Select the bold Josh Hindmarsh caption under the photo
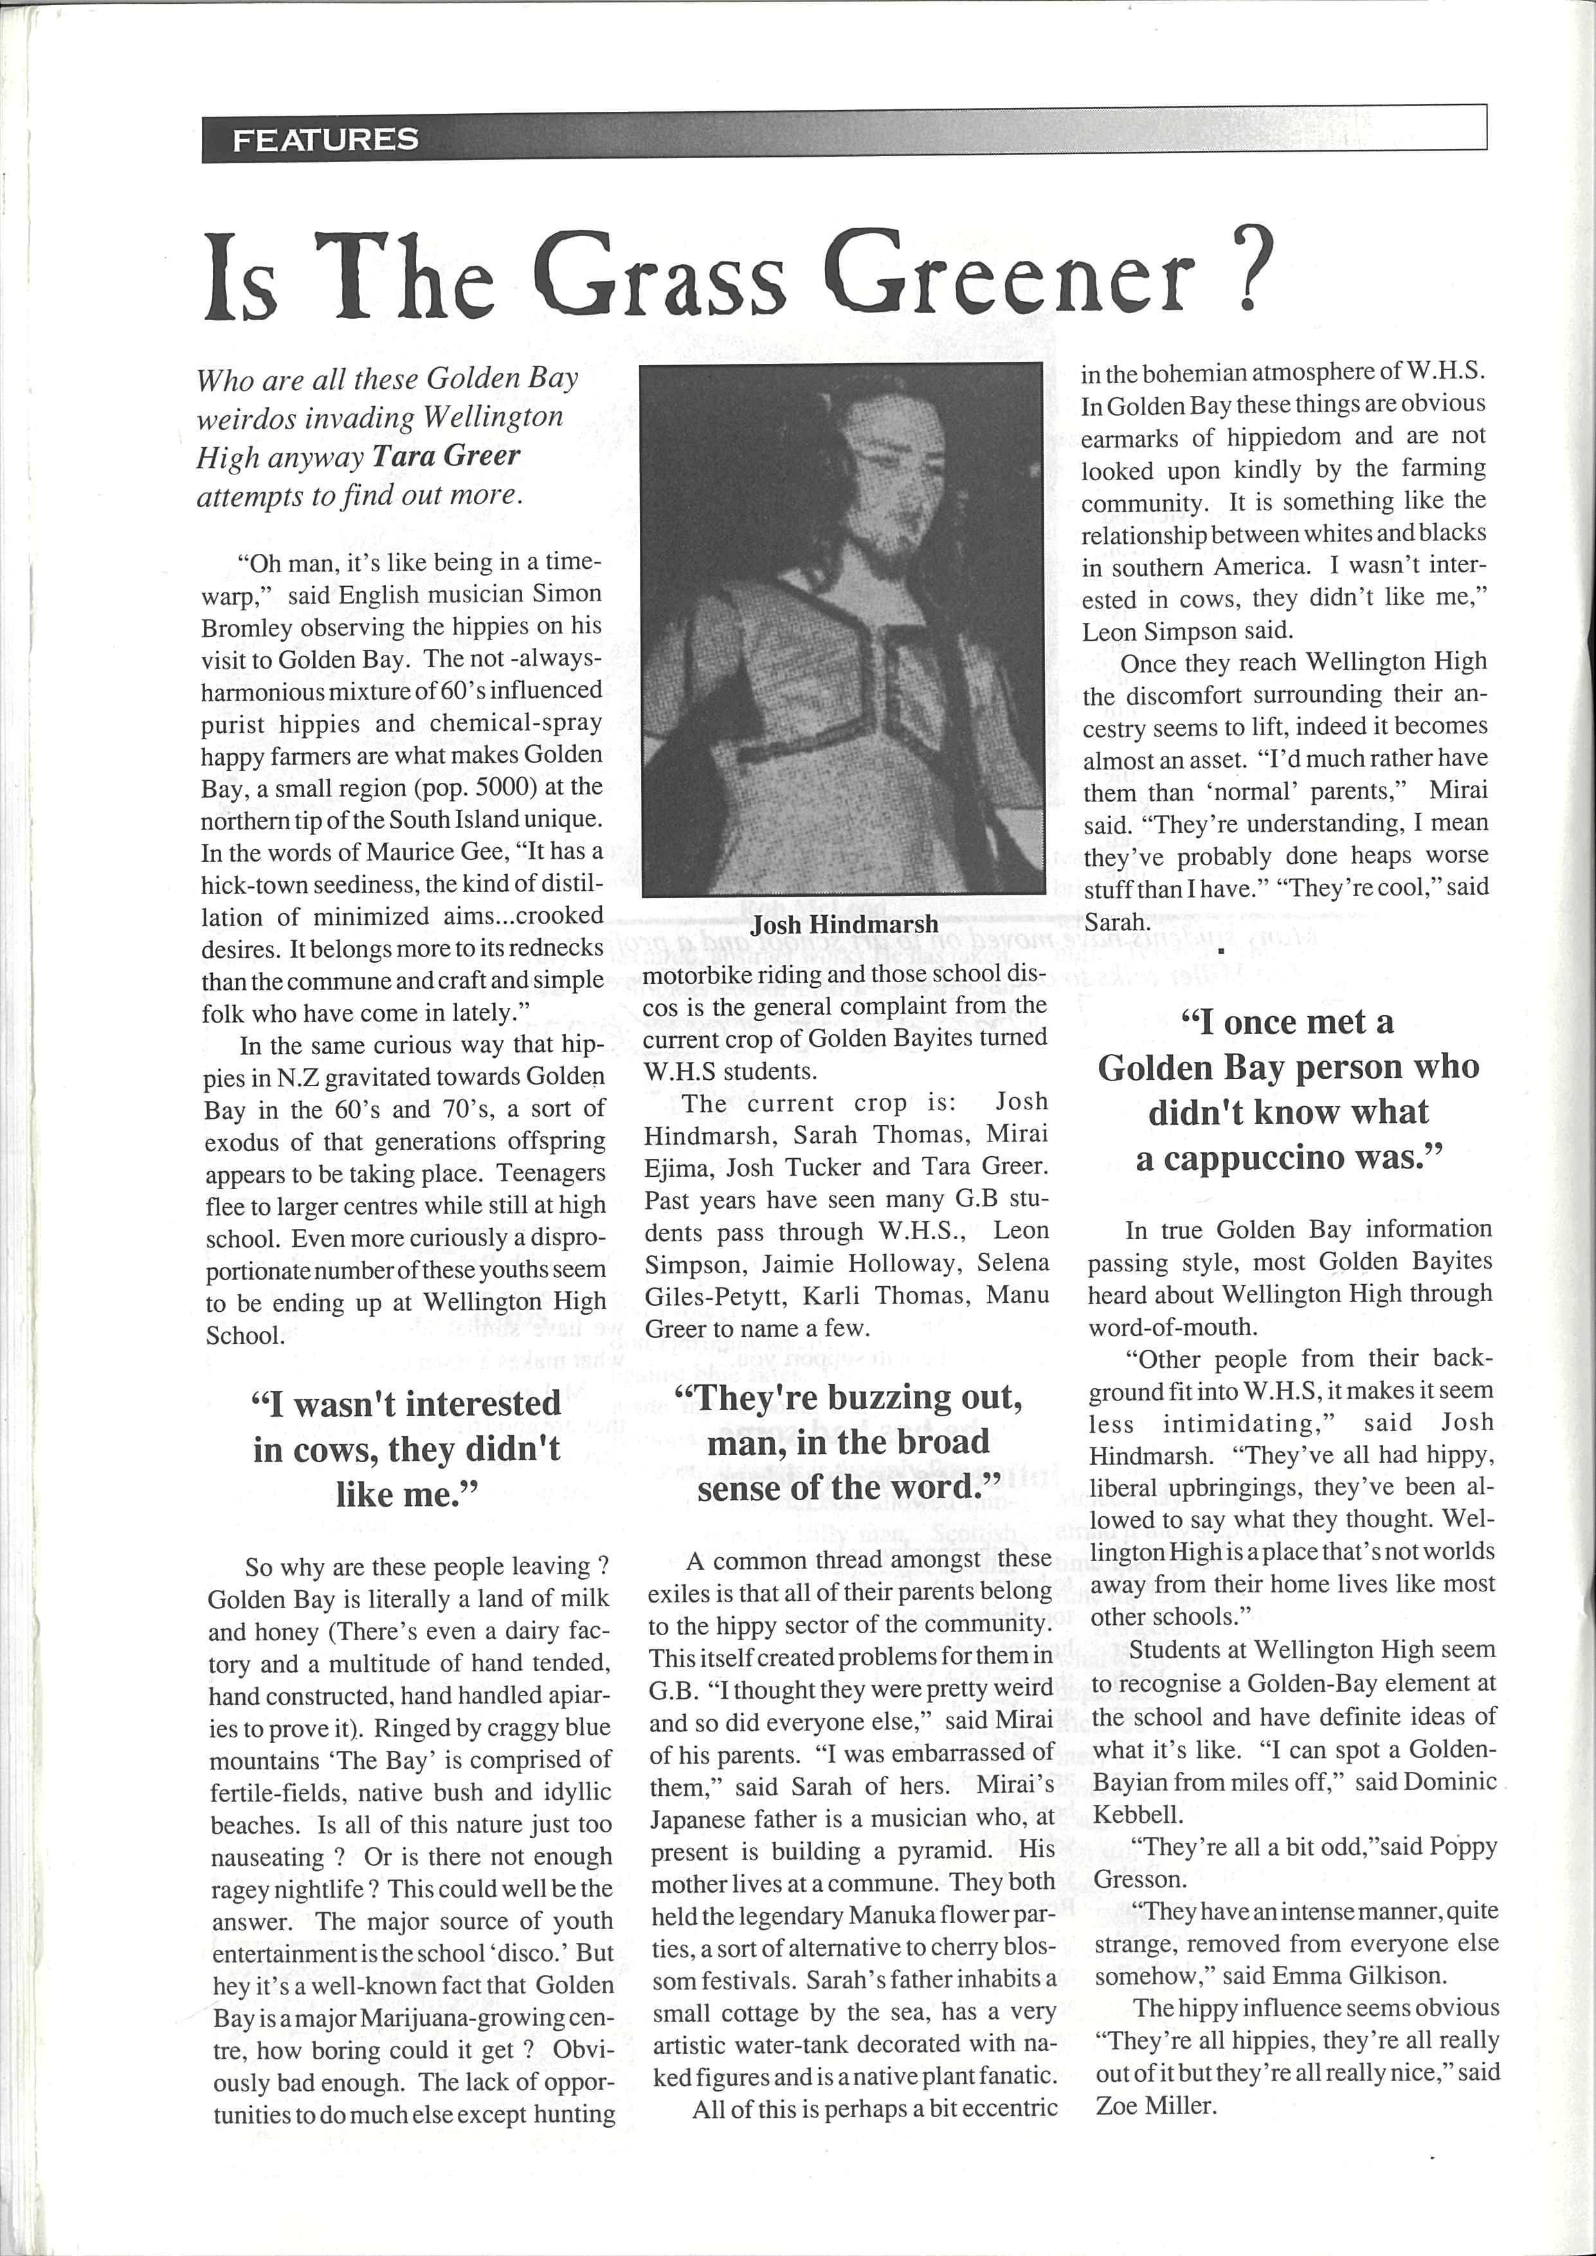pyautogui.click(x=844, y=925)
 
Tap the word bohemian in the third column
pyautogui.click(x=1200, y=373)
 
